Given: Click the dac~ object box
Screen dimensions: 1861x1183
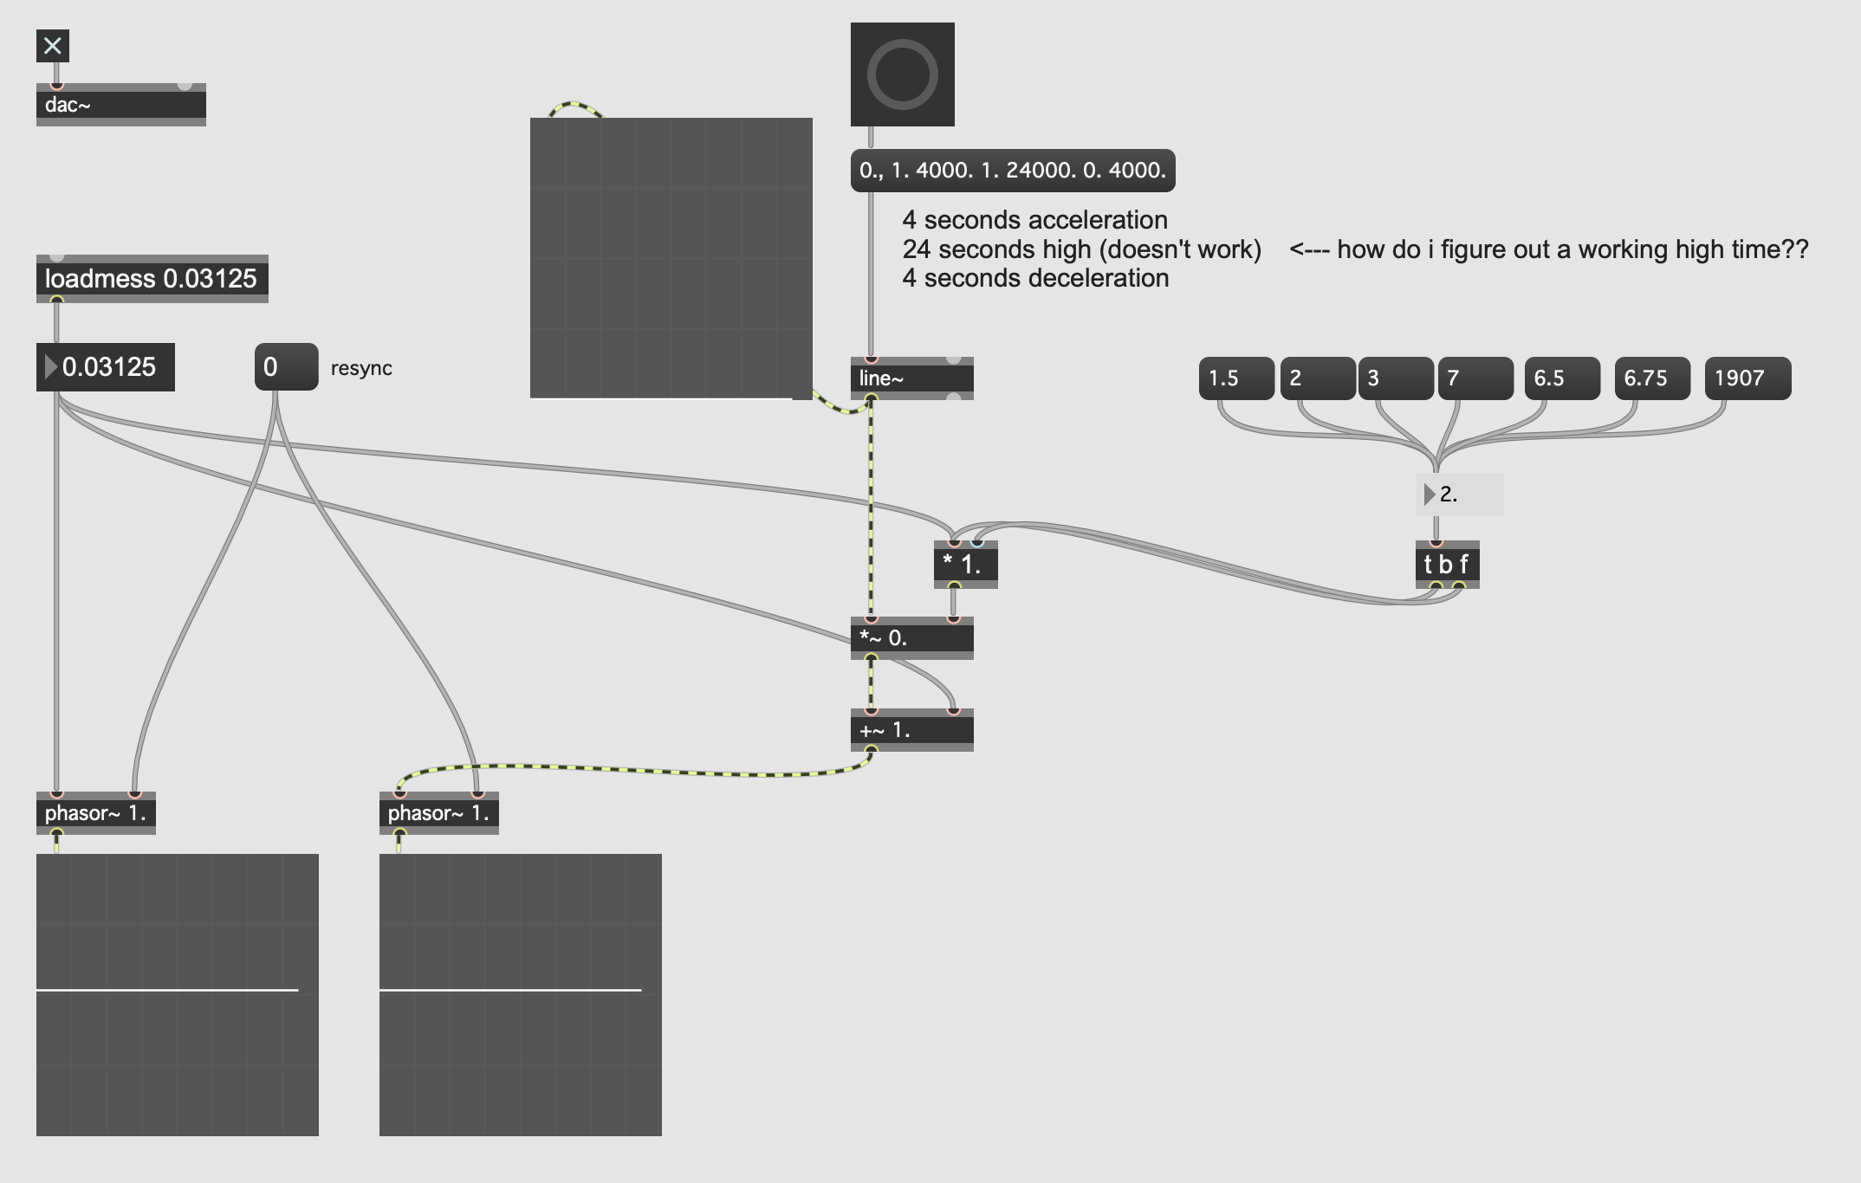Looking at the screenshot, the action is [x=121, y=105].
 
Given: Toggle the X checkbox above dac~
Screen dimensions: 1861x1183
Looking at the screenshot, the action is [x=53, y=46].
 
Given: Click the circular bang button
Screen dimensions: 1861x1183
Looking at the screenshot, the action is [x=903, y=74].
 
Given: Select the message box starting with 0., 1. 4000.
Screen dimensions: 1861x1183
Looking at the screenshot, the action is [x=1013, y=170].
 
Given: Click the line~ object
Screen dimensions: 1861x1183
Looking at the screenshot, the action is [x=912, y=378].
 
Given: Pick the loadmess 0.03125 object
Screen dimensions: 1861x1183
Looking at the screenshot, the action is [x=152, y=279].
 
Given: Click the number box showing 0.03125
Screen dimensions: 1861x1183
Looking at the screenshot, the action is [x=106, y=367].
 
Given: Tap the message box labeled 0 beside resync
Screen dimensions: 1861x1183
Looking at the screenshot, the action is [x=287, y=367].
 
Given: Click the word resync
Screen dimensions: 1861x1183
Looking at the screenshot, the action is [x=361, y=368].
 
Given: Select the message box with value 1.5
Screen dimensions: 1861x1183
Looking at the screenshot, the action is [x=1236, y=378].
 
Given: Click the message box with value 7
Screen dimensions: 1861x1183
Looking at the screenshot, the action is [x=1475, y=378].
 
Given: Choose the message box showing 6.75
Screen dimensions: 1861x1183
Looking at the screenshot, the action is [x=1652, y=378].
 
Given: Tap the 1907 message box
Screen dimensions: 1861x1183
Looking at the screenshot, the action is [x=1748, y=378].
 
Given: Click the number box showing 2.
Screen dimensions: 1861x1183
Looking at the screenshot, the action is [x=1460, y=495].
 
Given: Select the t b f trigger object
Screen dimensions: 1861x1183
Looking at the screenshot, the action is [x=1448, y=565].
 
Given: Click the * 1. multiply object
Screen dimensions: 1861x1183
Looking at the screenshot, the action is [x=966, y=565].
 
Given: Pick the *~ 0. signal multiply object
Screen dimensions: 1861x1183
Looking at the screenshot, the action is [x=912, y=638].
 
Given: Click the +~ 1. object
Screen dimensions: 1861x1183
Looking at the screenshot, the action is [x=912, y=730].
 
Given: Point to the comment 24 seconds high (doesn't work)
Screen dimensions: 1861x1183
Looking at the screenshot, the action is [x=1082, y=249].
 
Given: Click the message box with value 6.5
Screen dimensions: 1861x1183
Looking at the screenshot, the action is [x=1562, y=378].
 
